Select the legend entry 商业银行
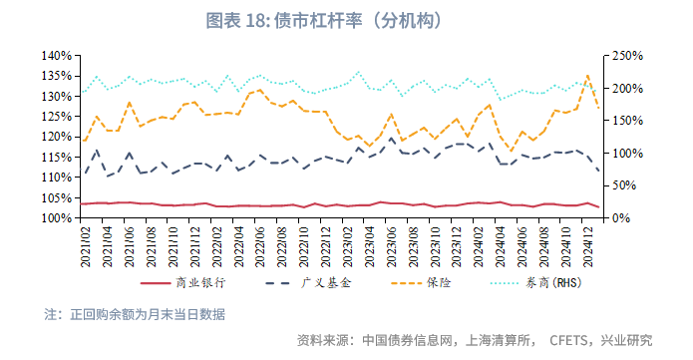click(x=202, y=283)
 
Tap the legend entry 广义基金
click(x=325, y=283)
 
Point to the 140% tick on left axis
click(x=57, y=56)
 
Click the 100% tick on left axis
click(x=57, y=217)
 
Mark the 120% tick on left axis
click(x=57, y=137)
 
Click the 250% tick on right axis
click(x=624, y=56)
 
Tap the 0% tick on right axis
click(x=618, y=217)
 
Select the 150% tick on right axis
click(x=624, y=121)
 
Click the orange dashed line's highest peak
click(x=587, y=75)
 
